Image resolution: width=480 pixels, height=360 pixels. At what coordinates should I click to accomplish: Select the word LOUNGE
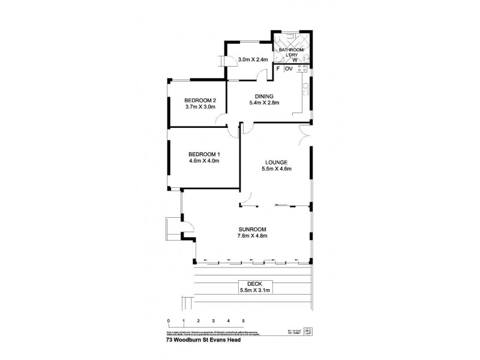(x=276, y=162)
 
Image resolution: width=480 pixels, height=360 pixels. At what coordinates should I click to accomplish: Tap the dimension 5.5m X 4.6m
(x=276, y=169)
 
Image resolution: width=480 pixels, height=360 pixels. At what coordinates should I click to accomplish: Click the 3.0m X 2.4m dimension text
(x=253, y=59)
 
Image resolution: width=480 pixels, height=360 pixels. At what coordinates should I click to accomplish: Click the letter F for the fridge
(x=278, y=69)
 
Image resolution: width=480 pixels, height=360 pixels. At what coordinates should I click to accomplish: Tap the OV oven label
(x=288, y=69)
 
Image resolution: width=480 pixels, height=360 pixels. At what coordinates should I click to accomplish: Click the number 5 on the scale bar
(x=243, y=321)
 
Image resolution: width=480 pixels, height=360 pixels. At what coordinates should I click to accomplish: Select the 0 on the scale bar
(x=169, y=321)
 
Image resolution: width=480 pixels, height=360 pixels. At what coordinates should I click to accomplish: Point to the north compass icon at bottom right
(x=308, y=330)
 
